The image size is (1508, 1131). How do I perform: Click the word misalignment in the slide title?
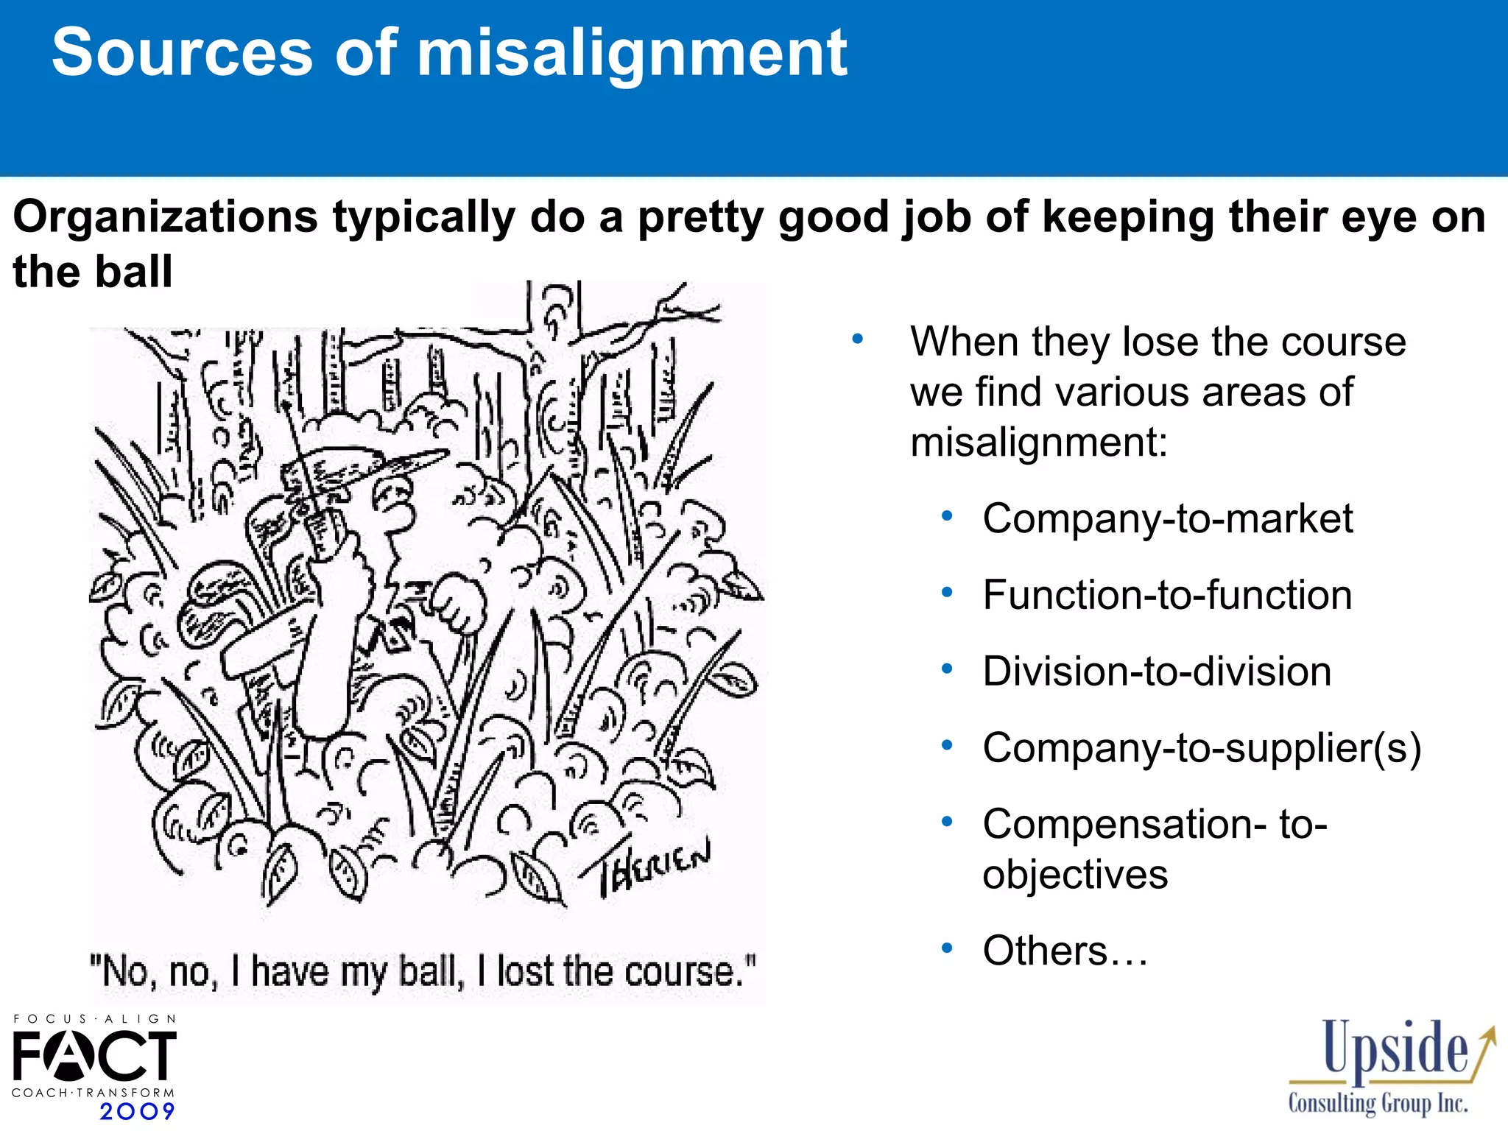pos(632,53)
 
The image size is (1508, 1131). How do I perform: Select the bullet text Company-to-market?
pos(1167,518)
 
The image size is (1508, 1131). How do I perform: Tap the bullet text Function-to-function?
pos(1167,595)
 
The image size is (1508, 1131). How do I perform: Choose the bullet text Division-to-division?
pos(1157,672)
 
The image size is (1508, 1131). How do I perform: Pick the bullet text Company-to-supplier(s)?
pos(1202,748)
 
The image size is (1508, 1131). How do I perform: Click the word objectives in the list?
pos(1075,875)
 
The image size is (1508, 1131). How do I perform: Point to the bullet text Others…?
pos(1065,951)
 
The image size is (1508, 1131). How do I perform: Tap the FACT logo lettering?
pos(94,1056)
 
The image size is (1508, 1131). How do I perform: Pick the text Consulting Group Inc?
pos(1378,1103)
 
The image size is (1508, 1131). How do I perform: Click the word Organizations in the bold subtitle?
pos(166,217)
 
